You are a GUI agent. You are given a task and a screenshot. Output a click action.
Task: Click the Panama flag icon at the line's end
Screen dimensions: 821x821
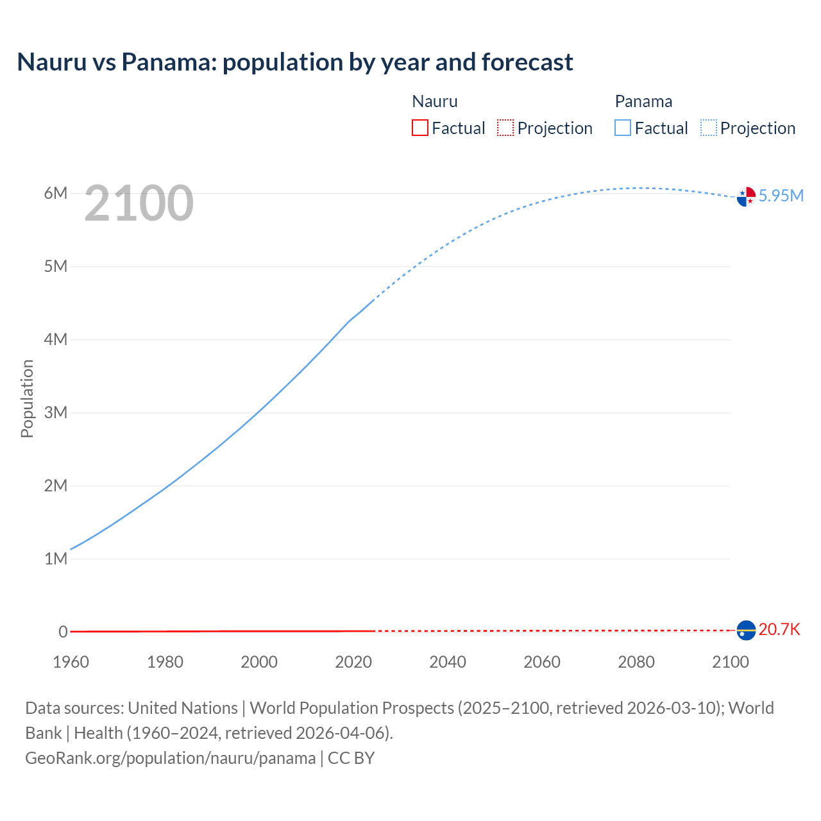(x=746, y=196)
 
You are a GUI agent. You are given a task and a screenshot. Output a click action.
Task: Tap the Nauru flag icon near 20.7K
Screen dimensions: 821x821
(x=746, y=631)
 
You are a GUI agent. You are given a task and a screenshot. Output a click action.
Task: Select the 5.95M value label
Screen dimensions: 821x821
(x=781, y=196)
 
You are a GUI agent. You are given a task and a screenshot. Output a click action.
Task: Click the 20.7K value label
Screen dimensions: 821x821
(x=779, y=629)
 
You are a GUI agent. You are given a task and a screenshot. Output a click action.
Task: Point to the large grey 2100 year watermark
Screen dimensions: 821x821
(x=139, y=203)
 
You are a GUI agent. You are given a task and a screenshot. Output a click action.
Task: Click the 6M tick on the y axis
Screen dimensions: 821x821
(x=56, y=193)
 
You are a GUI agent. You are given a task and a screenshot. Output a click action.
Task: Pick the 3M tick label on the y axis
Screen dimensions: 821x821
(x=56, y=412)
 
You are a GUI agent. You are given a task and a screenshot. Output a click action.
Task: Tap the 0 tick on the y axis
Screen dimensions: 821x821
(x=63, y=632)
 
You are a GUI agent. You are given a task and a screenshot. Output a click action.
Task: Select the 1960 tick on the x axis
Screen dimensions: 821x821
(x=71, y=662)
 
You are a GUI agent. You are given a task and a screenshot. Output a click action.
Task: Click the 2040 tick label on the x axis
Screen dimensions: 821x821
(x=448, y=662)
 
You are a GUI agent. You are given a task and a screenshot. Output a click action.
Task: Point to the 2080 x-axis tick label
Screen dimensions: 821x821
(x=636, y=662)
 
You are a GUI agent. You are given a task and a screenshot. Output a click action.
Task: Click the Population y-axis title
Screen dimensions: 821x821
(x=27, y=398)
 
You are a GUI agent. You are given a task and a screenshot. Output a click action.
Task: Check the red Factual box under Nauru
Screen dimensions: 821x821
(x=419, y=128)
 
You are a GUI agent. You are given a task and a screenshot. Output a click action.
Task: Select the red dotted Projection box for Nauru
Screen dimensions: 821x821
(x=505, y=128)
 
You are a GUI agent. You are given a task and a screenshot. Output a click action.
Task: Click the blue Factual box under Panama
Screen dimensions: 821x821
(x=623, y=128)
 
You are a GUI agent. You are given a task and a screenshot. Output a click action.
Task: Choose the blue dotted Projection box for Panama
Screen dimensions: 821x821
(x=709, y=128)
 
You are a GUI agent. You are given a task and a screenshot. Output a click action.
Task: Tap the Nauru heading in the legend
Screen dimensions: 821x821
(x=434, y=101)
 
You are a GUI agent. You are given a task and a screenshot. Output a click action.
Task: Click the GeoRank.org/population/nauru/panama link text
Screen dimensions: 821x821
(x=171, y=758)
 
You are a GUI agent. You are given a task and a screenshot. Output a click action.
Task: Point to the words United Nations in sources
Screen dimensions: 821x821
(x=183, y=708)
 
